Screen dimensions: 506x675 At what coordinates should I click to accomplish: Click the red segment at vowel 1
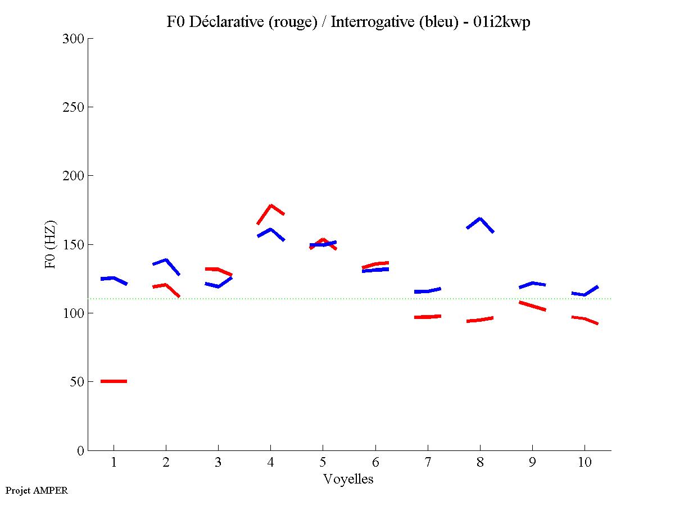pos(114,381)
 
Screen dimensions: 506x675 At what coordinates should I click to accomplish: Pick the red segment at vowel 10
pos(585,319)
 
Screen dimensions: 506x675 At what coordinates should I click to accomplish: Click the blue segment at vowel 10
pos(585,294)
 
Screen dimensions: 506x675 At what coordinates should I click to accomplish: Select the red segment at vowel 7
pos(428,317)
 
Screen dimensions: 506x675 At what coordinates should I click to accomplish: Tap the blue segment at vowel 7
pos(428,291)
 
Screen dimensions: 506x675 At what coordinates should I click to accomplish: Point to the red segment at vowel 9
pos(532,306)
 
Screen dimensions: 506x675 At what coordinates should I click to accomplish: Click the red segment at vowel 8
pos(480,320)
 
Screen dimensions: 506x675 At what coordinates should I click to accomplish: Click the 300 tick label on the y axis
pos(74,39)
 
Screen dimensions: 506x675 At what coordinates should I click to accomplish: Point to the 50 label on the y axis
pos(77,382)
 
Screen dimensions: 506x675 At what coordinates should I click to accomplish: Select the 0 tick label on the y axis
pos(80,450)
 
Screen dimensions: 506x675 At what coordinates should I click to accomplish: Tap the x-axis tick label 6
pos(375,463)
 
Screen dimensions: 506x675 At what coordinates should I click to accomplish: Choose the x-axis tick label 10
pos(585,463)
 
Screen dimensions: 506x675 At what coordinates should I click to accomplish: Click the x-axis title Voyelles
pos(348,479)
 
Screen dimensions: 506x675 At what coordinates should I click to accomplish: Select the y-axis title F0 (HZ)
pos(51,244)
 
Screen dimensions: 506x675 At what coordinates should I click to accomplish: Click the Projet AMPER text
pos(37,490)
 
